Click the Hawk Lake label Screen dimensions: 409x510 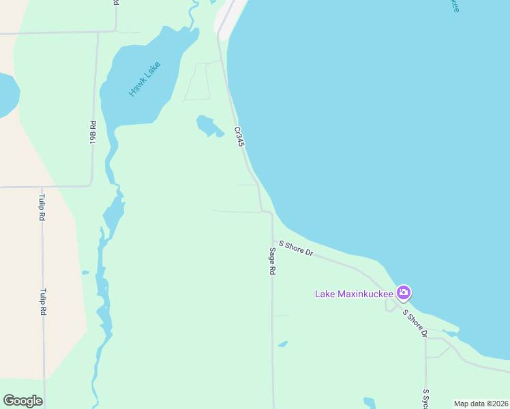point(145,80)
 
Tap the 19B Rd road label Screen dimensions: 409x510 point(93,132)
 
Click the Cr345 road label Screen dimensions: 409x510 point(239,136)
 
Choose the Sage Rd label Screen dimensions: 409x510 point(271,260)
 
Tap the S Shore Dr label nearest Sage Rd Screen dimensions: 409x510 point(295,248)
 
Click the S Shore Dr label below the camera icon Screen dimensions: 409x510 point(415,323)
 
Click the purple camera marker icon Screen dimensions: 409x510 point(404,292)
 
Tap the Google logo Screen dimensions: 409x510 point(22,401)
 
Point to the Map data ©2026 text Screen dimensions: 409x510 point(481,404)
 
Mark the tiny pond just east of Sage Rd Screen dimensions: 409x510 point(282,344)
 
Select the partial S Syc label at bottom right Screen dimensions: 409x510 point(426,399)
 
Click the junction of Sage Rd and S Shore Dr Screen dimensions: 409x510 point(273,241)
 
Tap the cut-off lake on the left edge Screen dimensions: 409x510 point(7,94)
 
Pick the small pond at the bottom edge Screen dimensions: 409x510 point(370,403)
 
